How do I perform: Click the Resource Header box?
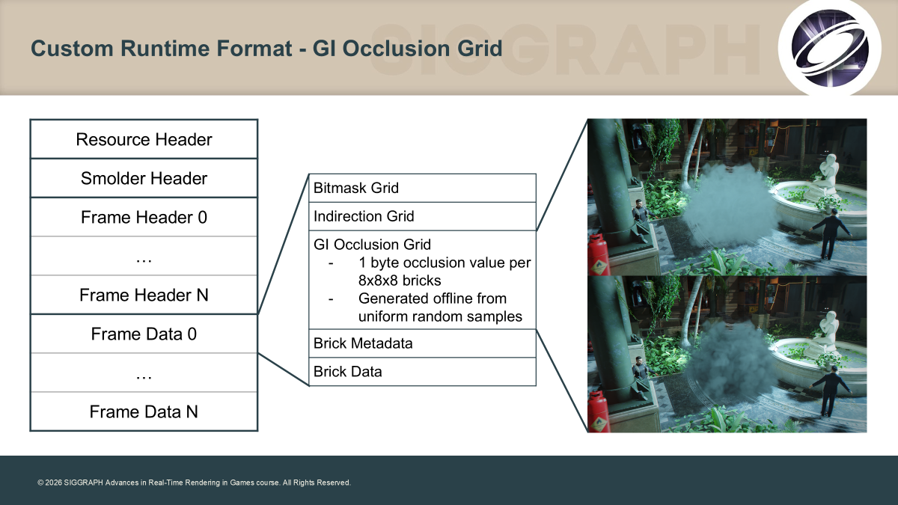point(144,139)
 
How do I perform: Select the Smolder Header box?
point(144,178)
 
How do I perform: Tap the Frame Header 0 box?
point(144,217)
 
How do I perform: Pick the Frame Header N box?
point(144,295)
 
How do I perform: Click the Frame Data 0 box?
point(144,334)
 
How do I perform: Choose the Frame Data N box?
point(144,411)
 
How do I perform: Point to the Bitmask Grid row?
point(423,188)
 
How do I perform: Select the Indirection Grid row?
point(423,216)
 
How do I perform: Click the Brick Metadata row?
point(423,343)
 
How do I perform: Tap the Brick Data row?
point(423,372)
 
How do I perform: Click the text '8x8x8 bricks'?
point(400,281)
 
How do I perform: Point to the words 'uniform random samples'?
point(440,316)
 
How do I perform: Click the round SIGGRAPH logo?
point(829,48)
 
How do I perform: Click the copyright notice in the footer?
point(194,483)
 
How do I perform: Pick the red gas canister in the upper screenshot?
point(598,255)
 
